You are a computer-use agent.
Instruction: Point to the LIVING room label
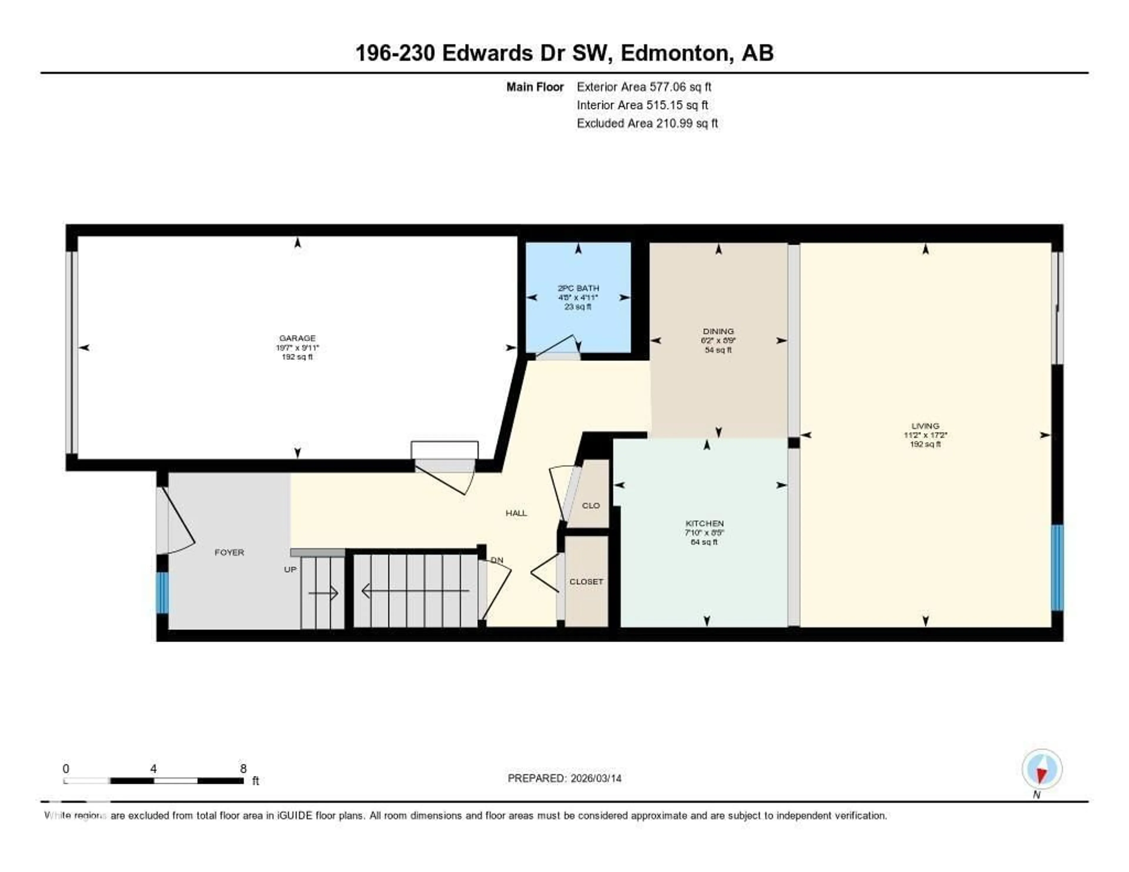(x=925, y=426)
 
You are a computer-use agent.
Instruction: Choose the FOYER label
(x=229, y=552)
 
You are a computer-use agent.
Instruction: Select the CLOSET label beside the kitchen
(x=586, y=582)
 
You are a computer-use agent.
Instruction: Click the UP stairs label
(x=290, y=569)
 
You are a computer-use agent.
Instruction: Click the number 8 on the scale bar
(x=243, y=769)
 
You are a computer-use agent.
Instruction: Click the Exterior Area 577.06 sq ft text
(x=644, y=87)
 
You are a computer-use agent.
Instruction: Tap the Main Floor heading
(x=535, y=87)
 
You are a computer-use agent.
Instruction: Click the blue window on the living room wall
(x=1057, y=567)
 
